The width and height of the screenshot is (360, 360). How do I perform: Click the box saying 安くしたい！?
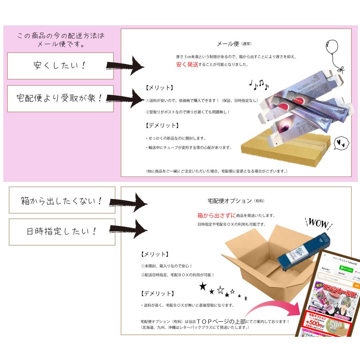(60, 66)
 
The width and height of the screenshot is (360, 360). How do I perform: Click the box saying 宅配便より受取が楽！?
(60, 98)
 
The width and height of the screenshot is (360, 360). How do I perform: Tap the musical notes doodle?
(259, 84)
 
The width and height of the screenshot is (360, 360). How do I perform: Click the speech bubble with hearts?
(342, 142)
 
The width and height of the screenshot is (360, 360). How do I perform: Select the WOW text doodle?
(317, 223)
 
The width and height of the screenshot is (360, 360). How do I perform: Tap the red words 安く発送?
(187, 64)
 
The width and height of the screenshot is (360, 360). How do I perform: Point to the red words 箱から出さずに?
(211, 215)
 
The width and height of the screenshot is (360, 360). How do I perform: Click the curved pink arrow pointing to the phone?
(272, 308)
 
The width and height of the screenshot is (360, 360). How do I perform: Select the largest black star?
(203, 286)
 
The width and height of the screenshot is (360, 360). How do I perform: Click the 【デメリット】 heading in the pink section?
(162, 125)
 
